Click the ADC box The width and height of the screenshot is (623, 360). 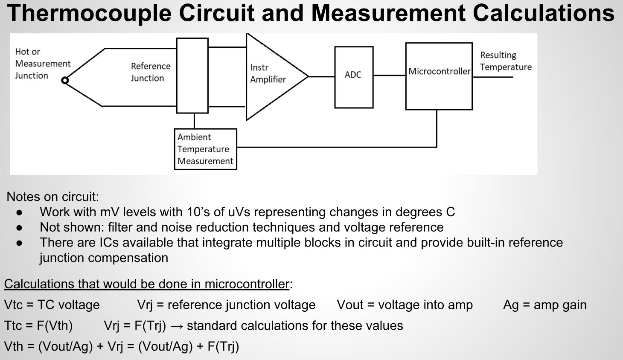[354, 77]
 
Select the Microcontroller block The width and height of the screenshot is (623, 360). [439, 76]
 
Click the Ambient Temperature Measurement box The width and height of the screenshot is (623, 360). [205, 149]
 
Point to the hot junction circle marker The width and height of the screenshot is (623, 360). [65, 80]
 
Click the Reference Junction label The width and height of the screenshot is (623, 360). [150, 72]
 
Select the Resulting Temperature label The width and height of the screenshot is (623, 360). [506, 61]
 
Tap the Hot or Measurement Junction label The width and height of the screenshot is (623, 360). [42, 64]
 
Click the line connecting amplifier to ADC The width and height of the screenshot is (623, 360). [321, 77]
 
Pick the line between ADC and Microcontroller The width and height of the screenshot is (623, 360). [389, 75]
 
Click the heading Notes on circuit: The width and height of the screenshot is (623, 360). [52, 197]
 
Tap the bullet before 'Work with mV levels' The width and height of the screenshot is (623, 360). [19, 212]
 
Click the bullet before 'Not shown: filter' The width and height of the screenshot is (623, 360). [19, 227]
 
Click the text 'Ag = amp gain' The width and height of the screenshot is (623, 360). [544, 305]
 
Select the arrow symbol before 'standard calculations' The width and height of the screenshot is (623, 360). [177, 326]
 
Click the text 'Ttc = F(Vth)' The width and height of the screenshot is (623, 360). [38, 325]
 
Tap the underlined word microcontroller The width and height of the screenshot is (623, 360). [247, 284]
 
